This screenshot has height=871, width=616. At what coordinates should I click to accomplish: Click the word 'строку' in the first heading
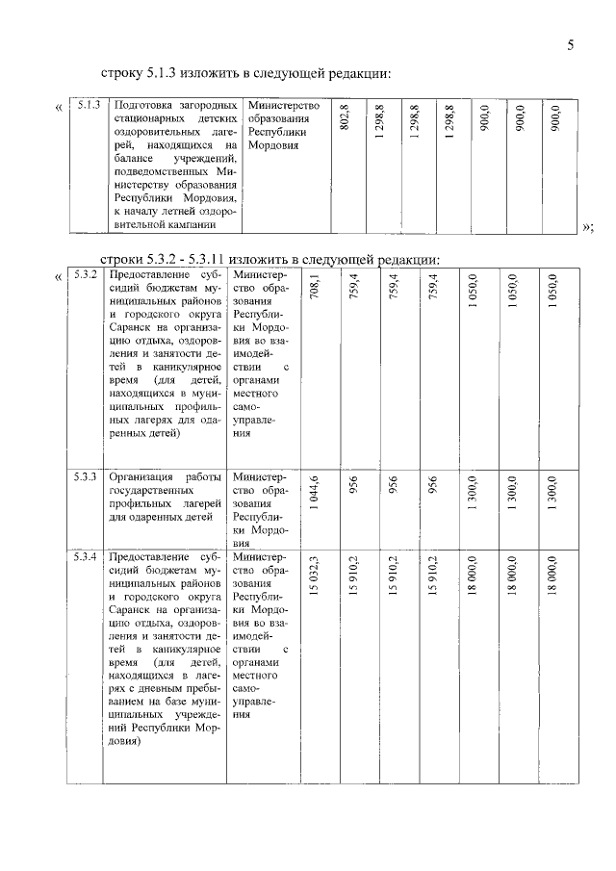tap(122, 73)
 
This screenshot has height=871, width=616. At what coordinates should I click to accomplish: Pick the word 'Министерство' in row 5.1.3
tap(283, 105)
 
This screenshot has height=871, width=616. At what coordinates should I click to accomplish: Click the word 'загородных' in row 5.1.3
tap(205, 105)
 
